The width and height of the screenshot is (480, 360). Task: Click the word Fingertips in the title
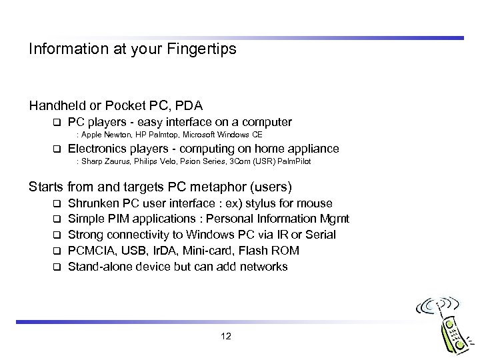[204, 49]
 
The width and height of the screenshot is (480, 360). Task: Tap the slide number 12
[225, 336]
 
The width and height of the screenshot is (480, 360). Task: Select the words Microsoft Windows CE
[224, 135]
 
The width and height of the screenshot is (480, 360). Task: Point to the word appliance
[314, 149]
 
